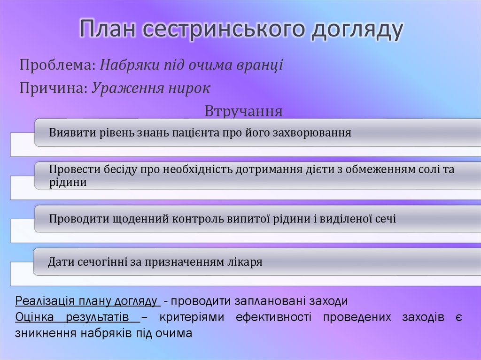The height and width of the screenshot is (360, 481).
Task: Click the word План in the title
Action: coord(108,30)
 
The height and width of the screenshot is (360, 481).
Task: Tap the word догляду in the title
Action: coord(357,30)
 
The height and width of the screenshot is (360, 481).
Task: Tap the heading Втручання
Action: coord(244,111)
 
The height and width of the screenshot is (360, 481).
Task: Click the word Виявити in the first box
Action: coord(71,132)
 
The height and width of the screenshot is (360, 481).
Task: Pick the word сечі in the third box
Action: coord(386,218)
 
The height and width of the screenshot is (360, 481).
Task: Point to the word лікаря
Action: coord(245,262)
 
